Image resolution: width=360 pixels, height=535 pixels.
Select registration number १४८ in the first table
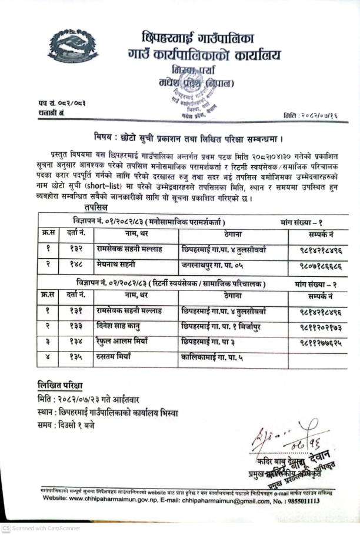[76, 264]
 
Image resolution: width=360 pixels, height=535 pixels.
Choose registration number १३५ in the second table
[76, 356]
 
